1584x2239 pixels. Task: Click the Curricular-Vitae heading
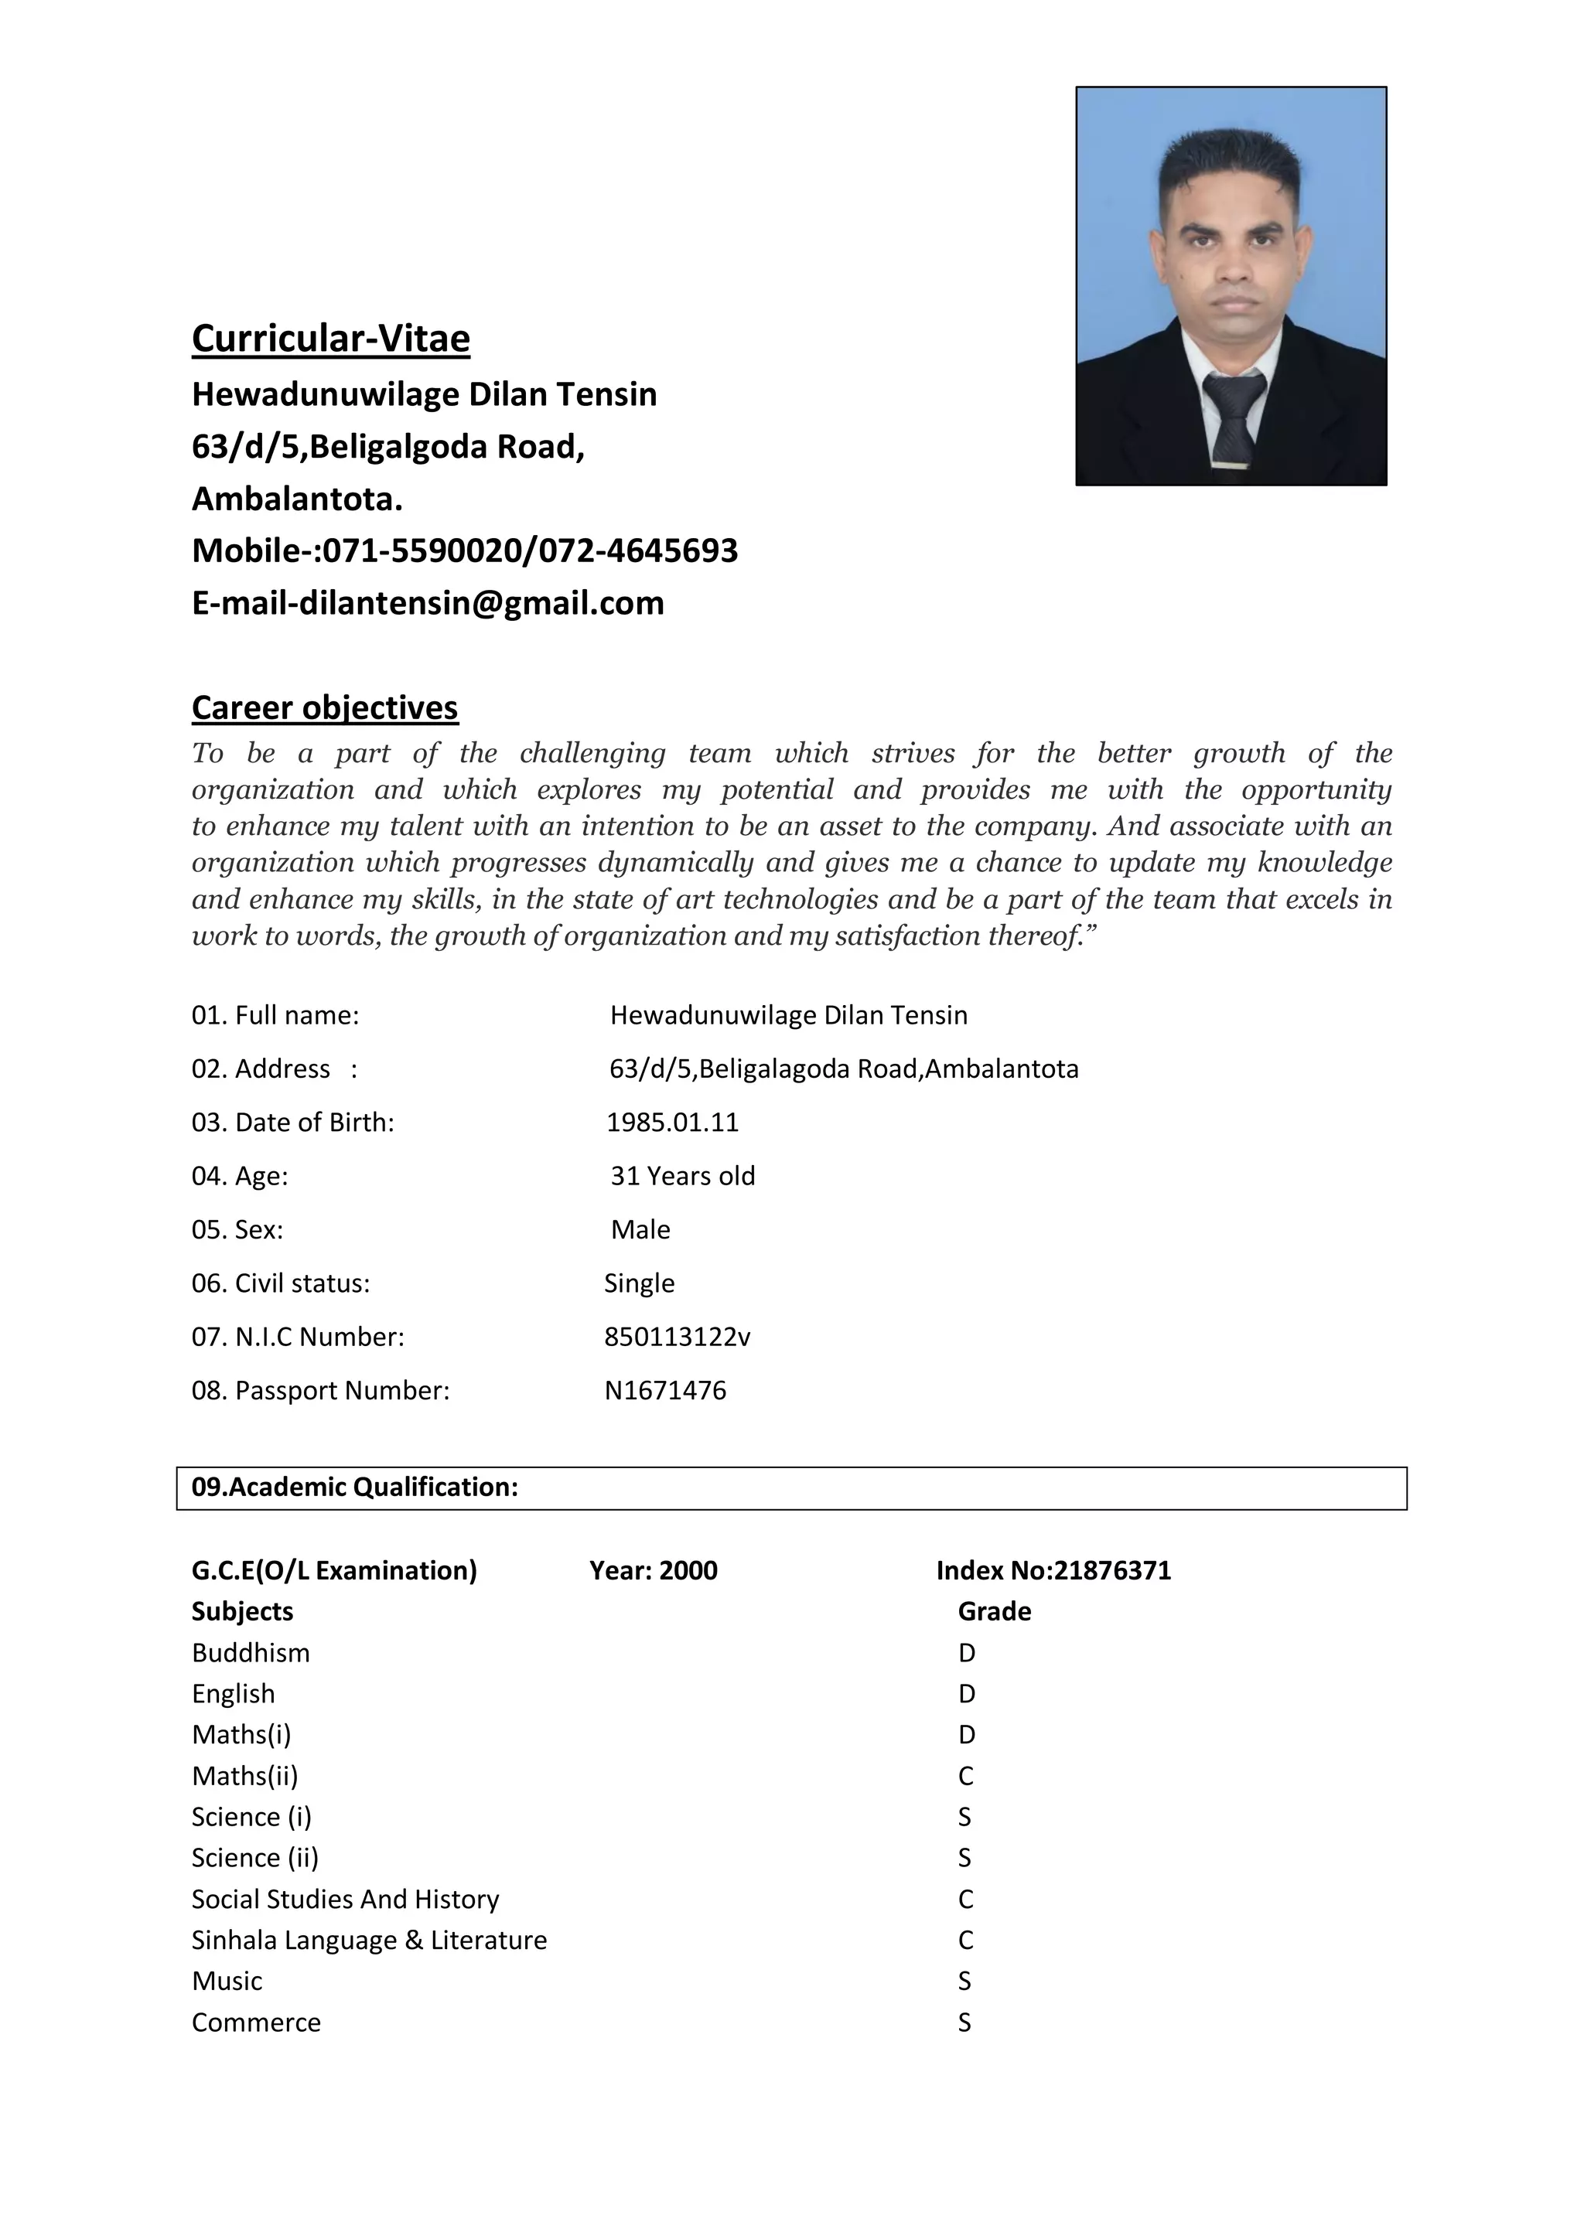point(331,339)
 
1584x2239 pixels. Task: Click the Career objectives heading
point(325,707)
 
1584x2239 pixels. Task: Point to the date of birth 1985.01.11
point(672,1123)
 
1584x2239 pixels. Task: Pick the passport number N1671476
point(665,1391)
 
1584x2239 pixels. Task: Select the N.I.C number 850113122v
point(677,1337)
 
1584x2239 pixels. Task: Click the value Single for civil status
point(639,1283)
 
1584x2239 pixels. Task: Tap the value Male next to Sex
point(641,1230)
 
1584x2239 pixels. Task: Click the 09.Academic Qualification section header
point(355,1488)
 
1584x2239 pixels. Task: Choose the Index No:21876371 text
point(1053,1570)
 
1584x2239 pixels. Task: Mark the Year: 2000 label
point(654,1570)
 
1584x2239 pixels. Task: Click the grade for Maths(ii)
point(965,1776)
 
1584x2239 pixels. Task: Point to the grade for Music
point(964,1981)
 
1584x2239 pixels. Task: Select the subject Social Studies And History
point(345,1899)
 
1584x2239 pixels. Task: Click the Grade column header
point(994,1611)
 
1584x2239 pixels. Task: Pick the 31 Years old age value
point(683,1176)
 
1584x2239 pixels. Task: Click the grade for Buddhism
point(967,1653)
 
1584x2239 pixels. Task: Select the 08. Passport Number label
point(321,1391)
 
